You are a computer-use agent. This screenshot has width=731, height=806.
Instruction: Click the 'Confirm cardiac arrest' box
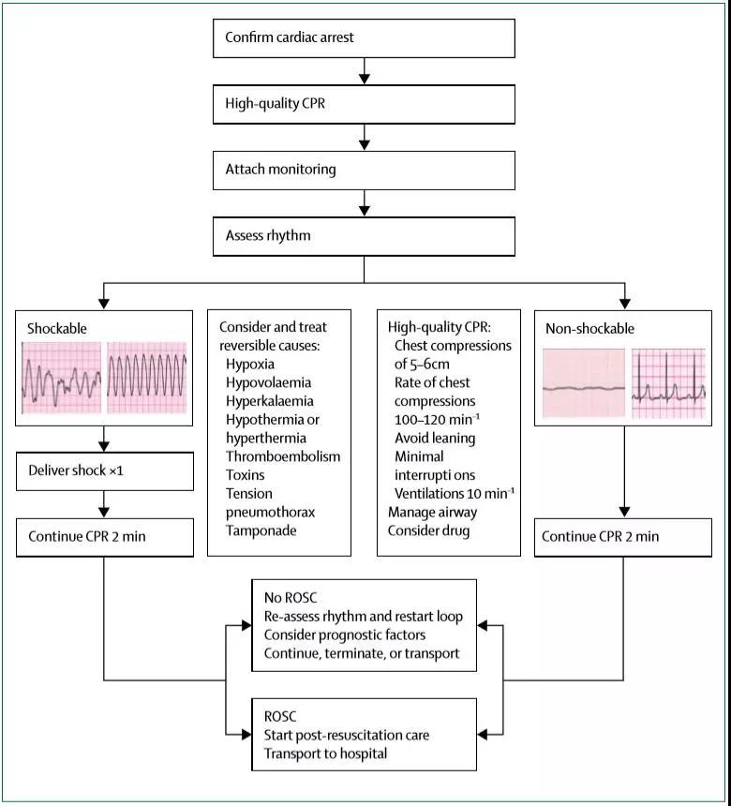[364, 38]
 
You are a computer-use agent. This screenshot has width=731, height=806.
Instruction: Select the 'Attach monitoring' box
[364, 171]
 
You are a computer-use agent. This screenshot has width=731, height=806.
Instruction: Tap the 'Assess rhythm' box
[364, 236]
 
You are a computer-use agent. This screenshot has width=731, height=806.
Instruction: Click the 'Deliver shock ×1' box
[105, 471]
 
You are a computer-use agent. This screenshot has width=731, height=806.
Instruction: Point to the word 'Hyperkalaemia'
[269, 401]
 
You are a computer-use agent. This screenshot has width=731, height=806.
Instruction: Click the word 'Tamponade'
[261, 530]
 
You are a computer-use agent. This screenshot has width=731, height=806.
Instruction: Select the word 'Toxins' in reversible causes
[246, 475]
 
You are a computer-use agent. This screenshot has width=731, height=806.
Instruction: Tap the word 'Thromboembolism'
[283, 456]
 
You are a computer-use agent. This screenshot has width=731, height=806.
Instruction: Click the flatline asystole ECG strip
[584, 383]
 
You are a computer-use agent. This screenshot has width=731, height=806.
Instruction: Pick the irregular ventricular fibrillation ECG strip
[61, 378]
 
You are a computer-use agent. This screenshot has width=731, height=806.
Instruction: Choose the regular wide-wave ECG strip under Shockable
[146, 378]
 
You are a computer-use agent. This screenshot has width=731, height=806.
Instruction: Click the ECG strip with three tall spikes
[668, 383]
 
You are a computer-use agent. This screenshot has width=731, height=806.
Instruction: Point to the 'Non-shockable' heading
[589, 328]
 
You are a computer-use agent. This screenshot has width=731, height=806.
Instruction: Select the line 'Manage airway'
[432, 513]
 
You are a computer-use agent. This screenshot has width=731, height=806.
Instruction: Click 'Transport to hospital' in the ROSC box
[325, 754]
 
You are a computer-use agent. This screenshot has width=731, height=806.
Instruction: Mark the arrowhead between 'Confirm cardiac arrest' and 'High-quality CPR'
[364, 78]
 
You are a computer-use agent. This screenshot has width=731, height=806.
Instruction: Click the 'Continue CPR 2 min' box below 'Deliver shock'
[105, 537]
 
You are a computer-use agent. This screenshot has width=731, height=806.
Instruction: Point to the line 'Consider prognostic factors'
[345, 635]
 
